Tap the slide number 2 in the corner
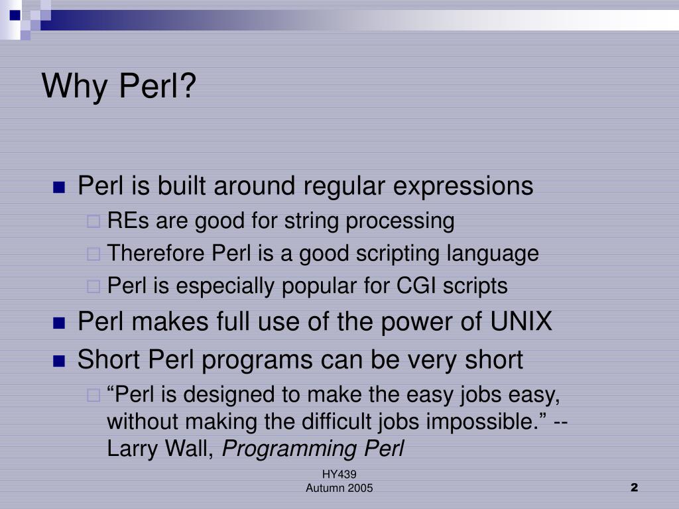tap(634, 488)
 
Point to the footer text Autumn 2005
tap(339, 488)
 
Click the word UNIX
tap(521, 323)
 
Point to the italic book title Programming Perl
tap(313, 449)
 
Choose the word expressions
tap(463, 187)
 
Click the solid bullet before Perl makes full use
tap(58, 323)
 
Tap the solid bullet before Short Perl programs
tap(58, 361)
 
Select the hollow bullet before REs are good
tap(93, 221)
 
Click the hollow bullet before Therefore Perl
tap(93, 254)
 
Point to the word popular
tap(319, 287)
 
